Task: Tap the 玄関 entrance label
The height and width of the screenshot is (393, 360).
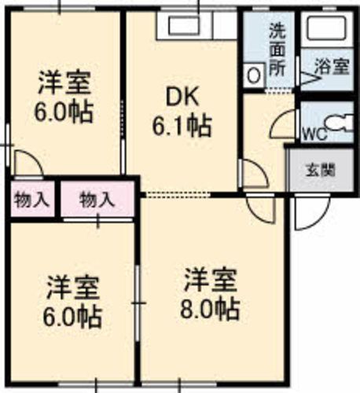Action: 318,168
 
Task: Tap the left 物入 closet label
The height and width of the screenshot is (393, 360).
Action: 31,200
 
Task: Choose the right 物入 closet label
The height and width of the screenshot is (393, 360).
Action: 97,200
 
